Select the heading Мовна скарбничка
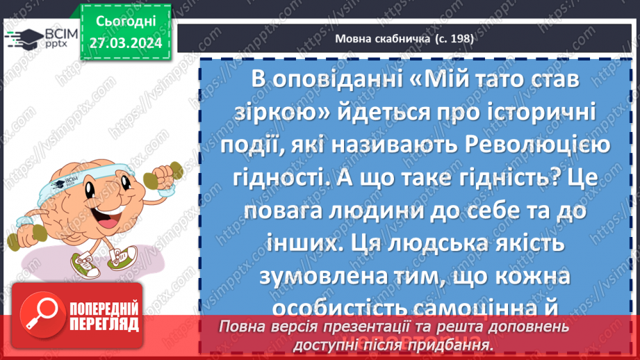click(x=376, y=40)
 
